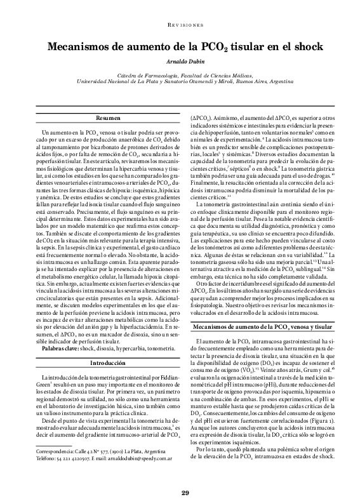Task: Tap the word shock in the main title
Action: pos(307,47)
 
